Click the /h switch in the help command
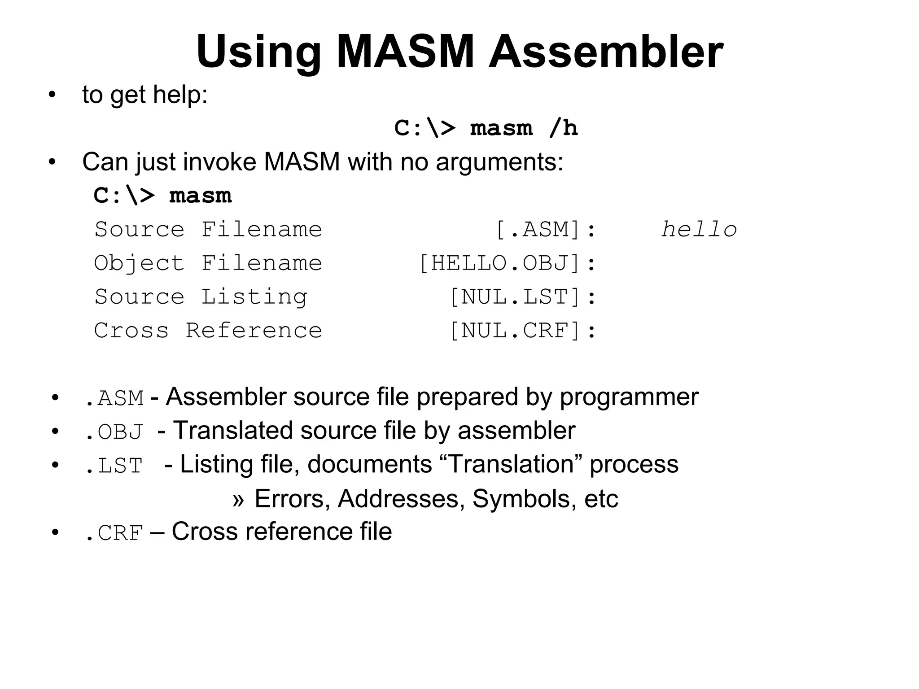tap(564, 128)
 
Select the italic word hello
tap(699, 230)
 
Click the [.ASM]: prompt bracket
tap(546, 230)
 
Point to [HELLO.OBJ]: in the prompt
tap(507, 263)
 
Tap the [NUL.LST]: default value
tap(522, 297)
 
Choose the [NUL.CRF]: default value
tap(522, 331)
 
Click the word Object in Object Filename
tap(139, 263)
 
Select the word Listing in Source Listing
tap(254, 297)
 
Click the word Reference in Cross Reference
tap(254, 331)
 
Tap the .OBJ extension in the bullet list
tap(114, 432)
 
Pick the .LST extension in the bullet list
tap(114, 466)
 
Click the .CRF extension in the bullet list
tap(114, 533)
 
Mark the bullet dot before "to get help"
tap(53, 95)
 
